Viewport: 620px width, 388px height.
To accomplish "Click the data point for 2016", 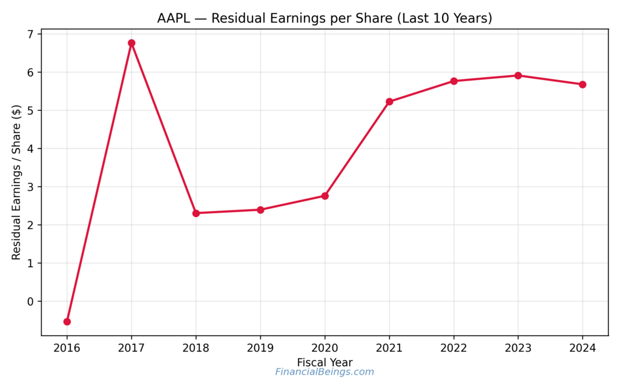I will (67, 321).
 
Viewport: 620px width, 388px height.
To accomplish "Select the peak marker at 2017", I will (131, 43).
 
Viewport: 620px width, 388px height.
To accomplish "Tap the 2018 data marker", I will (196, 213).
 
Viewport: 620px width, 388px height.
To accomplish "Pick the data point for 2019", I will (260, 210).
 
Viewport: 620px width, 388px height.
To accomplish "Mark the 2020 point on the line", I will (325, 196).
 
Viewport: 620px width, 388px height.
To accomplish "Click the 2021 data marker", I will (389, 102).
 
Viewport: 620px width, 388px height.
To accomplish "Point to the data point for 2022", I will (453, 81).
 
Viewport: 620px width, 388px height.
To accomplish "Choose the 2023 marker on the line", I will (518, 76).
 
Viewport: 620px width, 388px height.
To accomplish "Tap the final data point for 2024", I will (582, 84).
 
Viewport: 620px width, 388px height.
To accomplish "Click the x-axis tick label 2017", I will (131, 349).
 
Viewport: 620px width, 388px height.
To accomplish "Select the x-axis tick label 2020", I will (325, 349).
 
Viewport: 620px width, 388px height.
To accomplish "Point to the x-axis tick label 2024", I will (582, 349).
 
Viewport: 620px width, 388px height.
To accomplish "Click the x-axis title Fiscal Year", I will (325, 362).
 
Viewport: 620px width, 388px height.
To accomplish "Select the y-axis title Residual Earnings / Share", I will (16, 182).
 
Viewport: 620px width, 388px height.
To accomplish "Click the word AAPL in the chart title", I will (174, 18).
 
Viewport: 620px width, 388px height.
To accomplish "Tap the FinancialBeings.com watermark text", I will (325, 372).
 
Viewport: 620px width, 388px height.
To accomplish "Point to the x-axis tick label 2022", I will (453, 349).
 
